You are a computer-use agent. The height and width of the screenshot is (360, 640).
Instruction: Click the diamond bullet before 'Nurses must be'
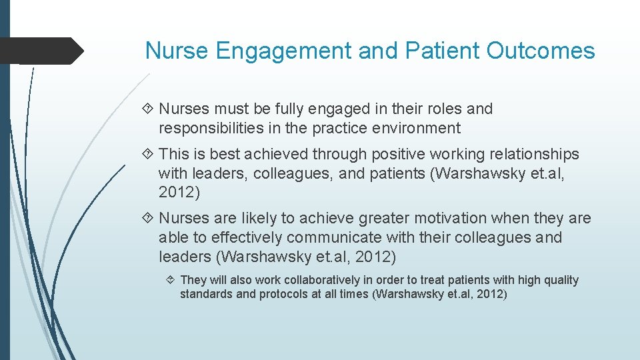click(x=149, y=109)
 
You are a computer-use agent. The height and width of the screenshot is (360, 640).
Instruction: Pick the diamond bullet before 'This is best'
click(x=149, y=154)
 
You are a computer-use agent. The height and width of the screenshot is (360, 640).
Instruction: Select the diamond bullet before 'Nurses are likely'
click(x=149, y=218)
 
